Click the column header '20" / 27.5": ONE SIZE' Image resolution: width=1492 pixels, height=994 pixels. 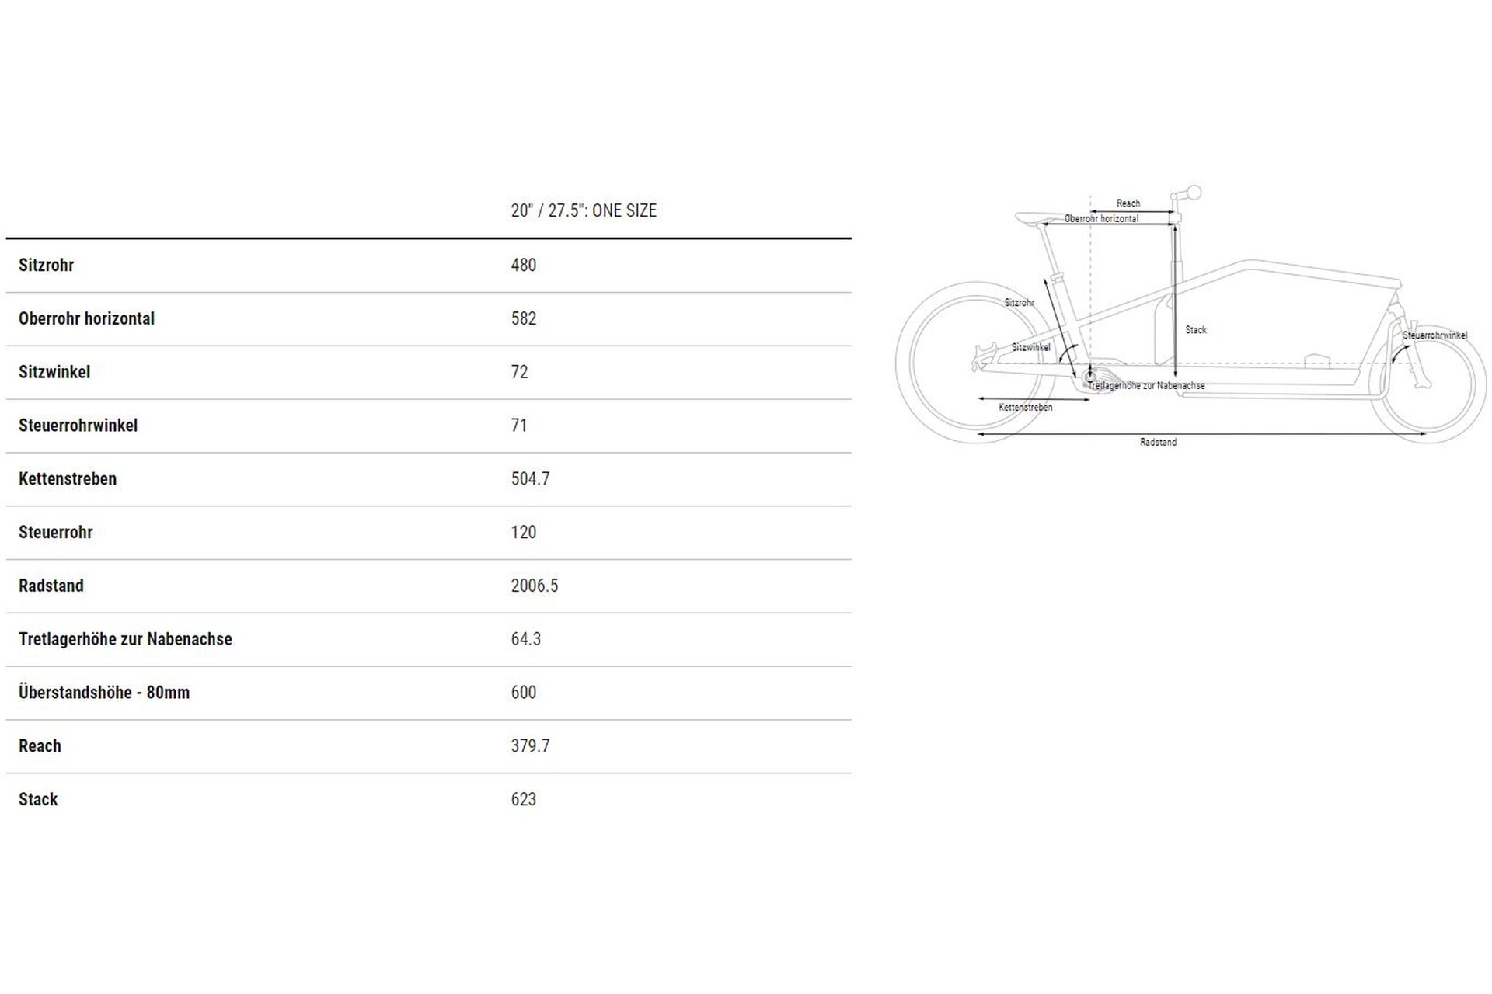click(584, 210)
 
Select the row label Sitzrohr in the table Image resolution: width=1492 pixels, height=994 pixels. click(46, 265)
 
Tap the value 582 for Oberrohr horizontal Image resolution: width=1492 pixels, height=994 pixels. click(524, 318)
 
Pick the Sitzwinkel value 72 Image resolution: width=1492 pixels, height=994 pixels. click(519, 372)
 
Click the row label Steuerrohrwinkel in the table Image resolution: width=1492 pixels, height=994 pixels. click(78, 426)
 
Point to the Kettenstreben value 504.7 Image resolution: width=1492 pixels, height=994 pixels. click(530, 479)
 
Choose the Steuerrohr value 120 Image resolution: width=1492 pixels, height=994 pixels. click(524, 533)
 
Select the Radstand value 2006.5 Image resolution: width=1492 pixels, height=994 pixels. click(535, 586)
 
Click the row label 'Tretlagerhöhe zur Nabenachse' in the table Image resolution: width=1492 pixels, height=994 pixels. click(125, 639)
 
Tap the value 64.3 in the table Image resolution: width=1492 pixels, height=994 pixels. click(526, 639)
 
